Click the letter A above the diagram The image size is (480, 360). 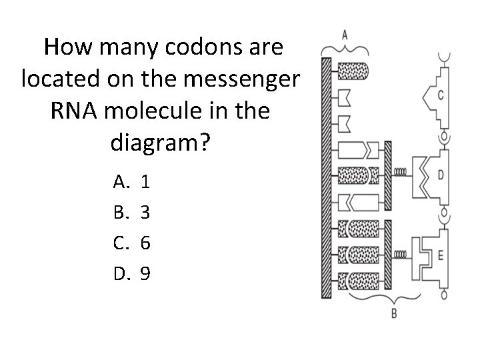pyautogui.click(x=344, y=33)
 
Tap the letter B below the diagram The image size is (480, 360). pyautogui.click(x=393, y=313)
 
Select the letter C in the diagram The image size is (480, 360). pyautogui.click(x=441, y=95)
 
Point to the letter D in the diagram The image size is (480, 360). pyautogui.click(x=441, y=175)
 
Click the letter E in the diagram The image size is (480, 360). pyautogui.click(x=441, y=253)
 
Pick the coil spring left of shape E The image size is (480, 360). pyautogui.click(x=401, y=255)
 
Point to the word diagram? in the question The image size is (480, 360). pyautogui.click(x=159, y=142)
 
